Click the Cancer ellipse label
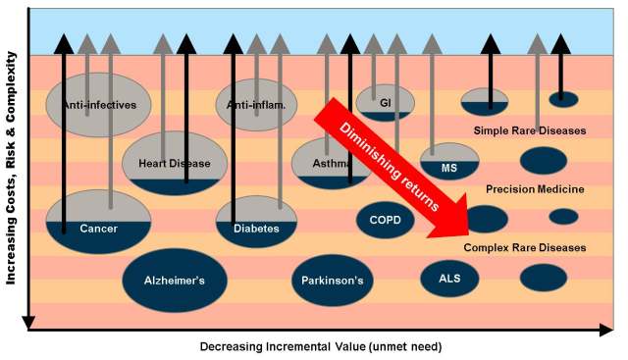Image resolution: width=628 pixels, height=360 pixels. click(98, 229)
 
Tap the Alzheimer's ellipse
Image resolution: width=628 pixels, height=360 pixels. click(175, 281)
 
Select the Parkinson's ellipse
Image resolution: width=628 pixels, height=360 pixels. click(333, 281)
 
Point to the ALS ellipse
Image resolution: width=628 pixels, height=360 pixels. click(449, 279)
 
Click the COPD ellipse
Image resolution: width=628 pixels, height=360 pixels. click(386, 220)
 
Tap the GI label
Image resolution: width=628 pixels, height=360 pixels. click(386, 103)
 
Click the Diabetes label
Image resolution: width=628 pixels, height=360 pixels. click(256, 229)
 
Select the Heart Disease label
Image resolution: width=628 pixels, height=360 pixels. click(175, 164)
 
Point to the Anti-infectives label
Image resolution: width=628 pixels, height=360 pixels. click(99, 105)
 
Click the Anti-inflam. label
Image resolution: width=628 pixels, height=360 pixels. click(256, 105)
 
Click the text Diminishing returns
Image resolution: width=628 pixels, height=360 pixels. click(390, 166)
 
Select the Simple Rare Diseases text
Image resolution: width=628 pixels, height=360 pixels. click(530, 130)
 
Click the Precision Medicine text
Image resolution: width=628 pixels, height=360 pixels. click(535, 189)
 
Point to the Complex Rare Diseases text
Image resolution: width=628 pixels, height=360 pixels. click(525, 247)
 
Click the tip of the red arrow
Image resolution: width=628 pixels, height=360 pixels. click(469, 234)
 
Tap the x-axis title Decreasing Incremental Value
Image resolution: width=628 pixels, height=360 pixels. click(321, 346)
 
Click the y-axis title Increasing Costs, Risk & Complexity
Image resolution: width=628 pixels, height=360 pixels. click(11, 168)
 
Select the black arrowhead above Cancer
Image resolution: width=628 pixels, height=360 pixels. click(64, 44)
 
